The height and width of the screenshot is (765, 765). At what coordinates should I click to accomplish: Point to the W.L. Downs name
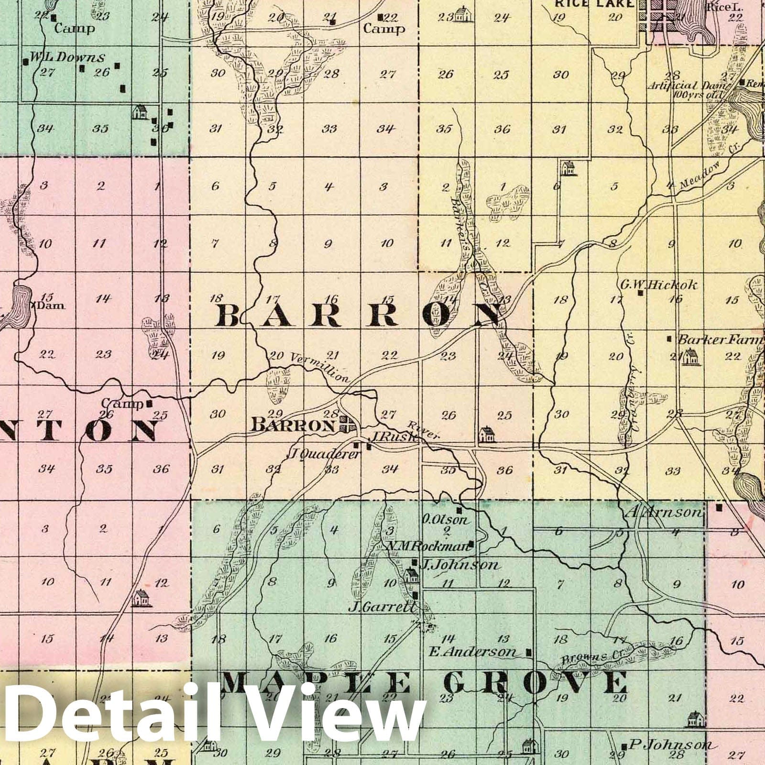[67, 57]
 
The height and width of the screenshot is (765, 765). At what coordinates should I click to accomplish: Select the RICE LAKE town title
[595, 4]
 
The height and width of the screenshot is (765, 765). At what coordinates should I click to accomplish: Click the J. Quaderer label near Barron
[323, 454]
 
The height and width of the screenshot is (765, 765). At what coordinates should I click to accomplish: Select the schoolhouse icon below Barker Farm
[689, 358]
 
